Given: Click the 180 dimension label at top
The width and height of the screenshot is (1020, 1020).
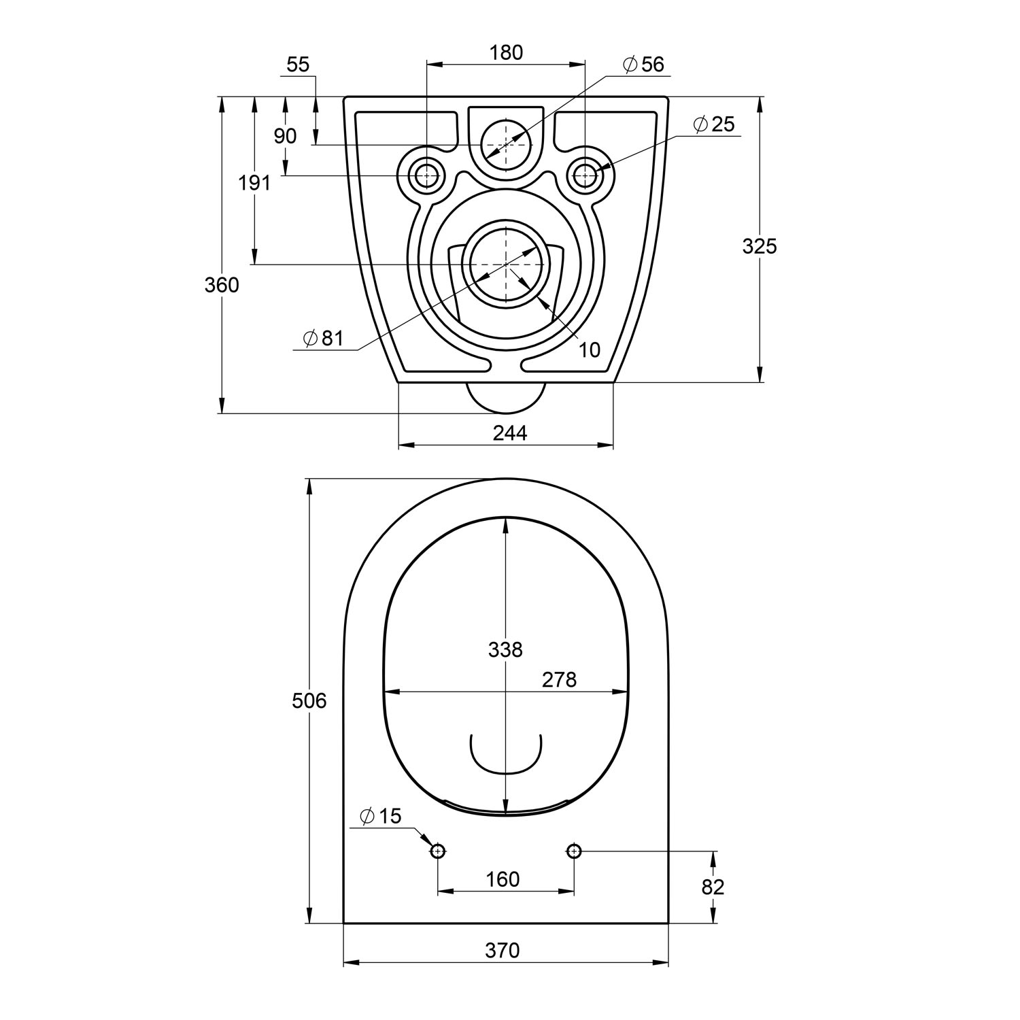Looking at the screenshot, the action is coord(506,52).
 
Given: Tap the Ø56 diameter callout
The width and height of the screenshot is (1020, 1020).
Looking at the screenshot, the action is coord(643,65).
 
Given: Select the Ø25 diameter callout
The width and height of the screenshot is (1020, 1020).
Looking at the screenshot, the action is coord(714,124).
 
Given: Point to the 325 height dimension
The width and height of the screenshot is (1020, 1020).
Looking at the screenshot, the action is coord(759,246).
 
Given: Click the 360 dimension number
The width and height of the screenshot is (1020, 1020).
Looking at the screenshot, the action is coord(222,285).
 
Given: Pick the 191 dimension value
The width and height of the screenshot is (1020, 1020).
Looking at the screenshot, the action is coord(254,183).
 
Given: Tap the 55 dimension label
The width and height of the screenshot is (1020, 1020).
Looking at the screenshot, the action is coord(298,65).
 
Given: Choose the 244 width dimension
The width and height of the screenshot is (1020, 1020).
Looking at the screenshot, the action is coord(510,433).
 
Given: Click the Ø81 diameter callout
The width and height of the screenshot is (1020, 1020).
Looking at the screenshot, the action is coord(324,338).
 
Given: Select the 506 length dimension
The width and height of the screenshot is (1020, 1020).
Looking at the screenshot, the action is coord(309,700).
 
